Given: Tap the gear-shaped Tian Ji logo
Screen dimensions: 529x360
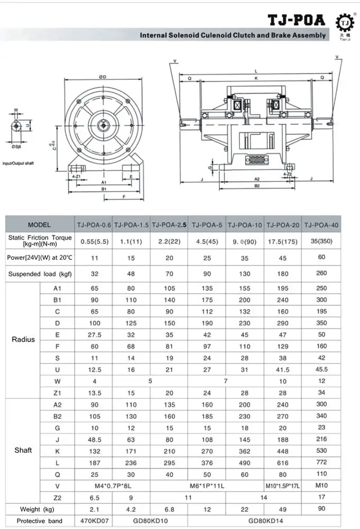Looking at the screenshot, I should click(x=345, y=23).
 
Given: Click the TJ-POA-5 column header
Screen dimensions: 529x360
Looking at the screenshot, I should click(x=207, y=225).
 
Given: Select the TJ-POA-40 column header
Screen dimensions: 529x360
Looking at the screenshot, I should click(x=321, y=225).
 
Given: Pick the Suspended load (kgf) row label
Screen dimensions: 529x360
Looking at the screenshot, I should click(x=40, y=274).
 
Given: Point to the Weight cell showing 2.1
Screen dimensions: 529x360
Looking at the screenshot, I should click(x=94, y=509).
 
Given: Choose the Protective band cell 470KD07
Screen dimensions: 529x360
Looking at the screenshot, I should click(x=94, y=521).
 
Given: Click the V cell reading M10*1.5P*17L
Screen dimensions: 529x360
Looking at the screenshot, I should click(x=283, y=485).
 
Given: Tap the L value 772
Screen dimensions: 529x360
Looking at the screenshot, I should click(x=321, y=462).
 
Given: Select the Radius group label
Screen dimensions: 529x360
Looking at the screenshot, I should click(x=23, y=340).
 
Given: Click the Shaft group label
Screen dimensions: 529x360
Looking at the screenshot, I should click(x=23, y=450).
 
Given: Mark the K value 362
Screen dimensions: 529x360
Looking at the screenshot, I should click(x=244, y=450).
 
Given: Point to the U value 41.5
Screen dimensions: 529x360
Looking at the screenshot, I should click(x=283, y=369).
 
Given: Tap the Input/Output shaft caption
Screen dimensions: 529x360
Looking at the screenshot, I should click(x=19, y=163).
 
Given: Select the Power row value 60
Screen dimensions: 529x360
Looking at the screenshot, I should click(x=321, y=258).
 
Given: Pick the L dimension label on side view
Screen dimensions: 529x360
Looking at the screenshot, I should click(x=255, y=70).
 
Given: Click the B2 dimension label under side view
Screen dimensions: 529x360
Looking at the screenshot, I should click(x=256, y=186).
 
